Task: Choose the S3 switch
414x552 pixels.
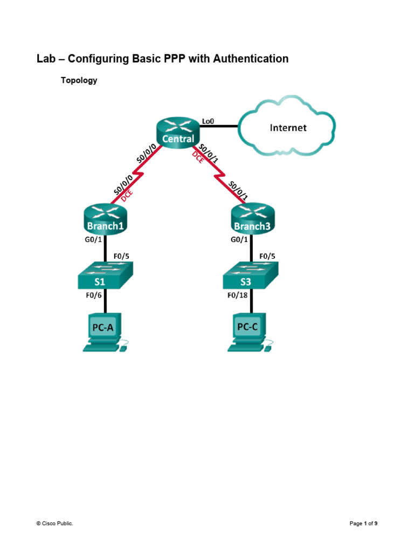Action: click(251, 277)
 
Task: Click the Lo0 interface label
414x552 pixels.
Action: click(208, 121)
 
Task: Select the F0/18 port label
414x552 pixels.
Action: click(235, 294)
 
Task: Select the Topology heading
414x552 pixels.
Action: click(79, 80)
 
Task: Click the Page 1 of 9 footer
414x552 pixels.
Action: click(363, 523)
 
